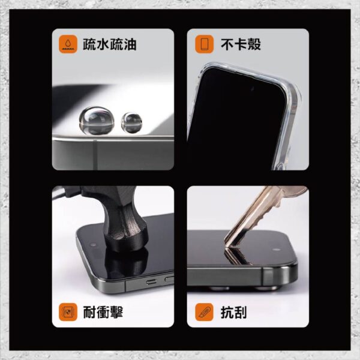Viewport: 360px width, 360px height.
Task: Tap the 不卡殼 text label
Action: coord(241,44)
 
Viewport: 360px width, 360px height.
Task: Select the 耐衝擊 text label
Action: coord(103,312)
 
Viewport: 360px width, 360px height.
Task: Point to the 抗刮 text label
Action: coord(233,312)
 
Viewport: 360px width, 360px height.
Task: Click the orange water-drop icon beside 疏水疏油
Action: coord(68,44)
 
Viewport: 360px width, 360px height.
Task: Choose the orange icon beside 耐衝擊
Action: coord(68,312)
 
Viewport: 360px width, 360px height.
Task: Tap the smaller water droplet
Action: coord(131,123)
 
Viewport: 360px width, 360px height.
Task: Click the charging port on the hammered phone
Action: coord(151,281)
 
